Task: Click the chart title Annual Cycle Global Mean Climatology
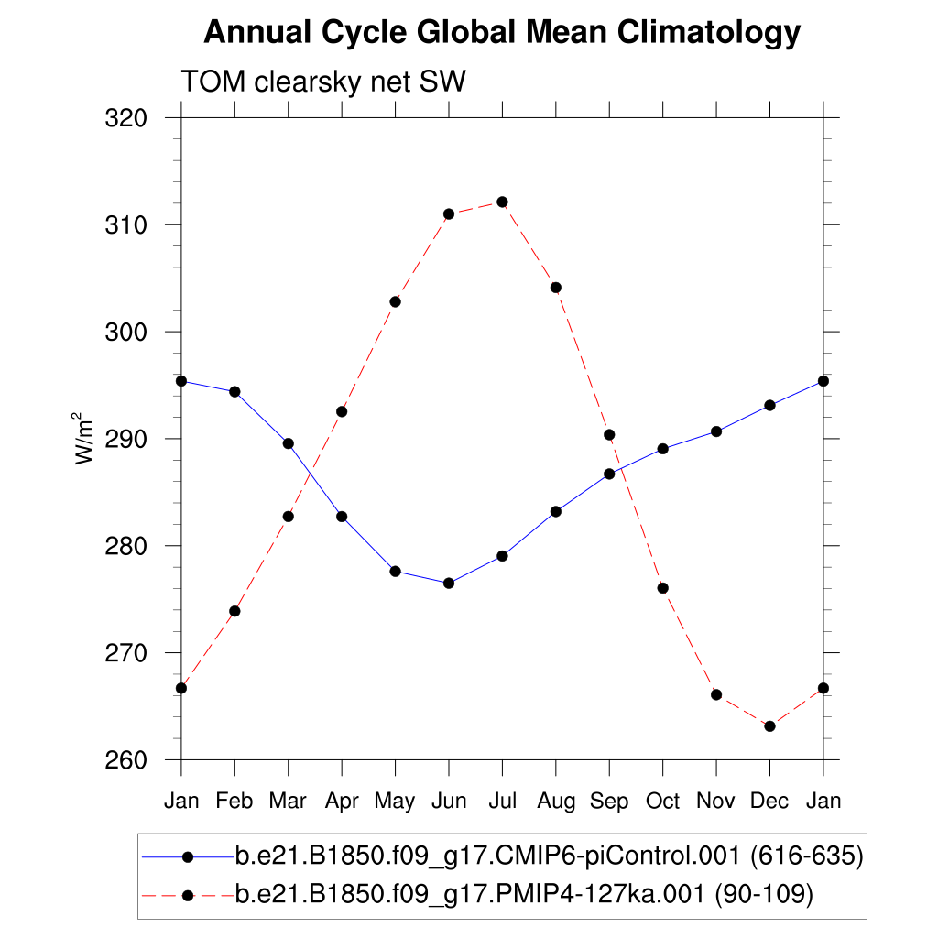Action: click(502, 33)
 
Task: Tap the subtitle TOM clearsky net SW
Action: click(323, 82)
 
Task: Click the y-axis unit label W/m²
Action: click(84, 439)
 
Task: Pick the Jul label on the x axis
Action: click(502, 801)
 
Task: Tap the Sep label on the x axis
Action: click(609, 801)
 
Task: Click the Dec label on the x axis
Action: click(769, 801)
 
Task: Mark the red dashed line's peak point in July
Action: click(502, 202)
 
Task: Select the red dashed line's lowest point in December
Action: click(769, 726)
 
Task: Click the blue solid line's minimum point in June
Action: click(449, 583)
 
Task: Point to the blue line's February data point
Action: click(234, 391)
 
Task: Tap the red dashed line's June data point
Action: click(449, 214)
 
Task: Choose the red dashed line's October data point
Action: click(662, 588)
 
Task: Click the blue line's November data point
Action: click(716, 431)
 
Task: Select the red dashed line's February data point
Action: click(234, 611)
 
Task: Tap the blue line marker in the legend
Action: click(188, 856)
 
